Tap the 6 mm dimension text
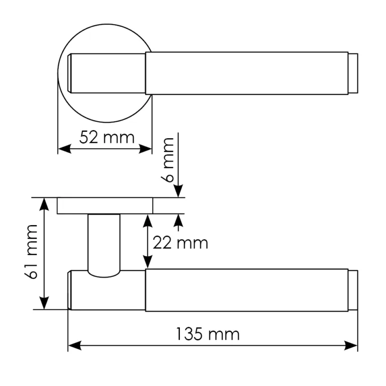tap(168, 160)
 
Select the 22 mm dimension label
tap(180, 243)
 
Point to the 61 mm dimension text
tap(32, 252)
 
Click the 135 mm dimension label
tap(208, 334)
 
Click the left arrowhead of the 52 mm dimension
tap(64, 149)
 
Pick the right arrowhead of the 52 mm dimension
tap(145, 149)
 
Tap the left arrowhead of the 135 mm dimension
tap(74, 345)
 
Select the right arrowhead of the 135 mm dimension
tap(350, 345)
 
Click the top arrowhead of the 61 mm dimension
tap(44, 205)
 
